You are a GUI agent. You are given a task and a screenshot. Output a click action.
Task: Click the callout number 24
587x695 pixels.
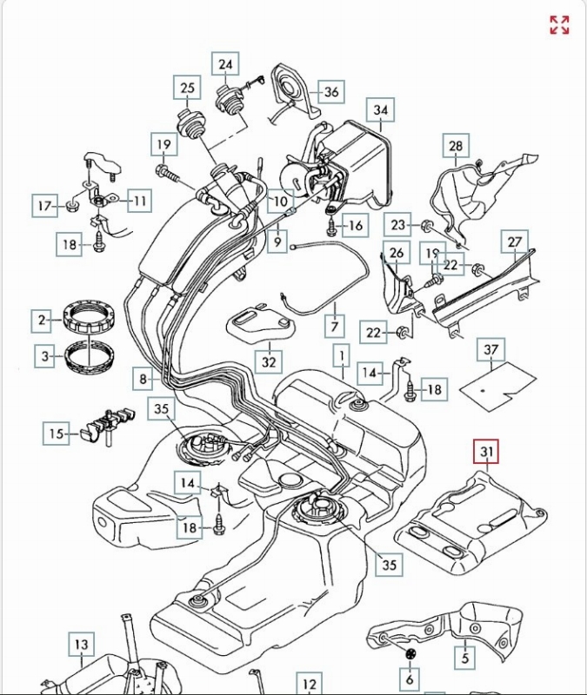click(226, 64)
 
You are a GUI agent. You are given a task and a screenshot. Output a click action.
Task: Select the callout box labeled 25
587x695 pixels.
click(188, 88)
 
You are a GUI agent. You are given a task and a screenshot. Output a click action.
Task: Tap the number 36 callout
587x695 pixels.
click(331, 92)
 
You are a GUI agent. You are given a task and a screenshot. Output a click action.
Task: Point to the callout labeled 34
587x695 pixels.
click(381, 110)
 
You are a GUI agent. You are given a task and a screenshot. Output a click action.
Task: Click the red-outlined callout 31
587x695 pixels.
click(487, 452)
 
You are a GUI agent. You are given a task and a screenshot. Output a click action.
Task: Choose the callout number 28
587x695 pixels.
click(457, 147)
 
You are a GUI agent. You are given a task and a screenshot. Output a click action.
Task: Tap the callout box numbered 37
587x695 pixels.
click(492, 350)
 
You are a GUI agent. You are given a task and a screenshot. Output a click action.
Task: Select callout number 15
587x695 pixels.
click(57, 434)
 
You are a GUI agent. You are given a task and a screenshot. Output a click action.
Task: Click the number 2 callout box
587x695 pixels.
click(41, 320)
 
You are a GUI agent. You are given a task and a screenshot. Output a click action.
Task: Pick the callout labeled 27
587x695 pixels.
click(516, 242)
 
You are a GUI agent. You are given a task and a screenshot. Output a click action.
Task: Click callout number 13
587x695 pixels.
click(81, 645)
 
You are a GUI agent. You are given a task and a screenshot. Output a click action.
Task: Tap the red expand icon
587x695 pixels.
click(559, 25)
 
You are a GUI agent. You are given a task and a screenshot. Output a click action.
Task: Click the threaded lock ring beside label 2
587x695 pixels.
click(90, 315)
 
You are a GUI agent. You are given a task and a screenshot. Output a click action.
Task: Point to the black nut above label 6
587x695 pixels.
click(411, 652)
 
